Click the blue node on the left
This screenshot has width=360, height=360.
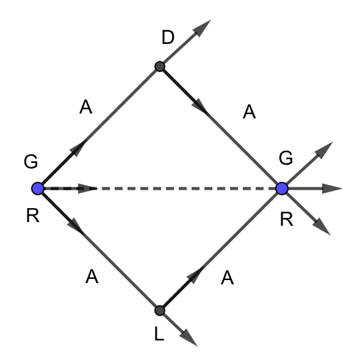pyautogui.click(x=38, y=189)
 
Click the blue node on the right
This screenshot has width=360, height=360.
pyautogui.click(x=282, y=189)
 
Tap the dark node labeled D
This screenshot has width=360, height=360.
pyautogui.click(x=160, y=67)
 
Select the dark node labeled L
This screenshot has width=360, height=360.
pyautogui.click(x=160, y=311)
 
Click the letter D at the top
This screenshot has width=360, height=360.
pyautogui.click(x=168, y=37)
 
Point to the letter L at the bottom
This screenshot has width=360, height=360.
pyautogui.click(x=159, y=334)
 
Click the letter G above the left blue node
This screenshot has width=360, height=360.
pyautogui.click(x=31, y=162)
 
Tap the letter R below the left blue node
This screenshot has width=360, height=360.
pyautogui.click(x=33, y=215)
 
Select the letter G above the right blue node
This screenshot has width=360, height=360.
pyautogui.click(x=286, y=158)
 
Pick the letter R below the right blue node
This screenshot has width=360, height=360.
pyautogui.click(x=287, y=220)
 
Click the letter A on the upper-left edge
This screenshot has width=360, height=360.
pyautogui.click(x=85, y=107)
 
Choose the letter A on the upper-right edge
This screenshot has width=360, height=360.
pyautogui.click(x=249, y=112)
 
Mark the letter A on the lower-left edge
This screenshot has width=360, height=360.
pyautogui.click(x=92, y=276)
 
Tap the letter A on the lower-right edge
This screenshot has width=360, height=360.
pyautogui.click(x=228, y=278)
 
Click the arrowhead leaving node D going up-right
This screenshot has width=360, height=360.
pyautogui.click(x=202, y=28)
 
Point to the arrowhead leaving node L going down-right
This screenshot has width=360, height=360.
pyautogui.click(x=189, y=338)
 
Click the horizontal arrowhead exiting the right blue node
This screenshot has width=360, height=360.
pyautogui.click(x=332, y=189)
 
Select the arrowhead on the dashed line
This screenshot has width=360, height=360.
pyautogui.click(x=88, y=189)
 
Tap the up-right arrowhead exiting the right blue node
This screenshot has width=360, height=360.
pyautogui.click(x=325, y=150)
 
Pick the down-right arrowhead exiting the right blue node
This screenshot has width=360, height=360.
pyautogui.click(x=322, y=226)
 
